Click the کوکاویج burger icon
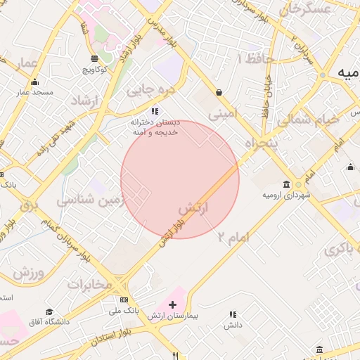[96, 58]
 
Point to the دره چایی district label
[149, 89]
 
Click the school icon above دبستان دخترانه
[155, 111]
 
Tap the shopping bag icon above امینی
[219, 92]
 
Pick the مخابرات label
[89, 285]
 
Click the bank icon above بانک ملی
[124, 300]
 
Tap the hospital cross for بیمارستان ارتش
[173, 304]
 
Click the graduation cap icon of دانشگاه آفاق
[49, 312]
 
